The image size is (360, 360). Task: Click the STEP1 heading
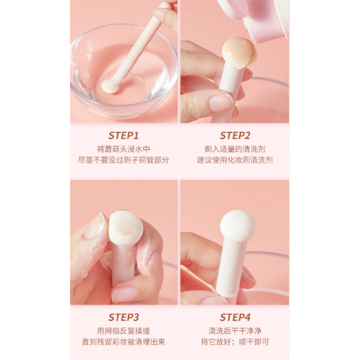[123, 135]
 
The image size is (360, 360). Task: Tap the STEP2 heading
[235, 135]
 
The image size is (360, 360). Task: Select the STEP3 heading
[123, 317]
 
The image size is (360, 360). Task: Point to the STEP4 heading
[235, 317]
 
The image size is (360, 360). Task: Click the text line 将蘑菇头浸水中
[123, 149]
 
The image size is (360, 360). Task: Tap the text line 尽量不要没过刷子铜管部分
[123, 160]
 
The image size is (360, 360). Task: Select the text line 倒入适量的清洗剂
[235, 149]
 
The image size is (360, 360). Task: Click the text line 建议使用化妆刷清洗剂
[235, 160]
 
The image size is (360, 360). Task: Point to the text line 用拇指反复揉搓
[123, 331]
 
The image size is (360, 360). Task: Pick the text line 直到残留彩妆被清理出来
[123, 342]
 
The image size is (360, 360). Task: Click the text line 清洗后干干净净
[235, 331]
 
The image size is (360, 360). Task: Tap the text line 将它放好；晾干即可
[235, 342]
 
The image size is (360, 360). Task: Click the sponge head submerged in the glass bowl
[110, 86]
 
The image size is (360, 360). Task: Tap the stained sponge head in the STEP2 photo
[239, 53]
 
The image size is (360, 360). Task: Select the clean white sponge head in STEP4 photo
[238, 226]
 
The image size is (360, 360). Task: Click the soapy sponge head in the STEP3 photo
[126, 228]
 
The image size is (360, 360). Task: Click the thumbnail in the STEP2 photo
[220, 103]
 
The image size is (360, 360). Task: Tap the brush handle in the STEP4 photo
[232, 269]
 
